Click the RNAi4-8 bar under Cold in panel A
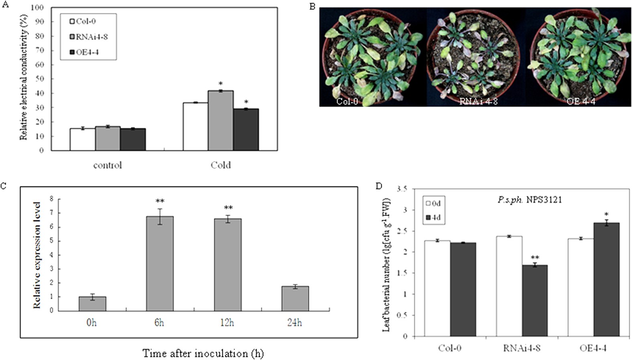click(x=220, y=120)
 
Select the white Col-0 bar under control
click(x=82, y=139)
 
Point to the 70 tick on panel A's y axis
click(x=39, y=50)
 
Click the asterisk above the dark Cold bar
click(x=246, y=102)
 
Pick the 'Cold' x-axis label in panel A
click(x=220, y=165)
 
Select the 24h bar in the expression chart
click(x=295, y=299)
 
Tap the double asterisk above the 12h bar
click(x=228, y=208)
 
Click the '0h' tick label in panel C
click(x=91, y=323)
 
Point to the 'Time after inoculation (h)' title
click(x=203, y=353)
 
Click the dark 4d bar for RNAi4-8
click(x=534, y=301)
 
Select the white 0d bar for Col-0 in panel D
click(x=437, y=289)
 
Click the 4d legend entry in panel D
click(x=433, y=218)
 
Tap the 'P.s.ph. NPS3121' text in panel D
click(x=529, y=199)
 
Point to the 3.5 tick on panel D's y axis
click(x=402, y=189)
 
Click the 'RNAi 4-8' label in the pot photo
click(x=478, y=101)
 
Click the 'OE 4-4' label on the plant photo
click(x=581, y=101)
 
